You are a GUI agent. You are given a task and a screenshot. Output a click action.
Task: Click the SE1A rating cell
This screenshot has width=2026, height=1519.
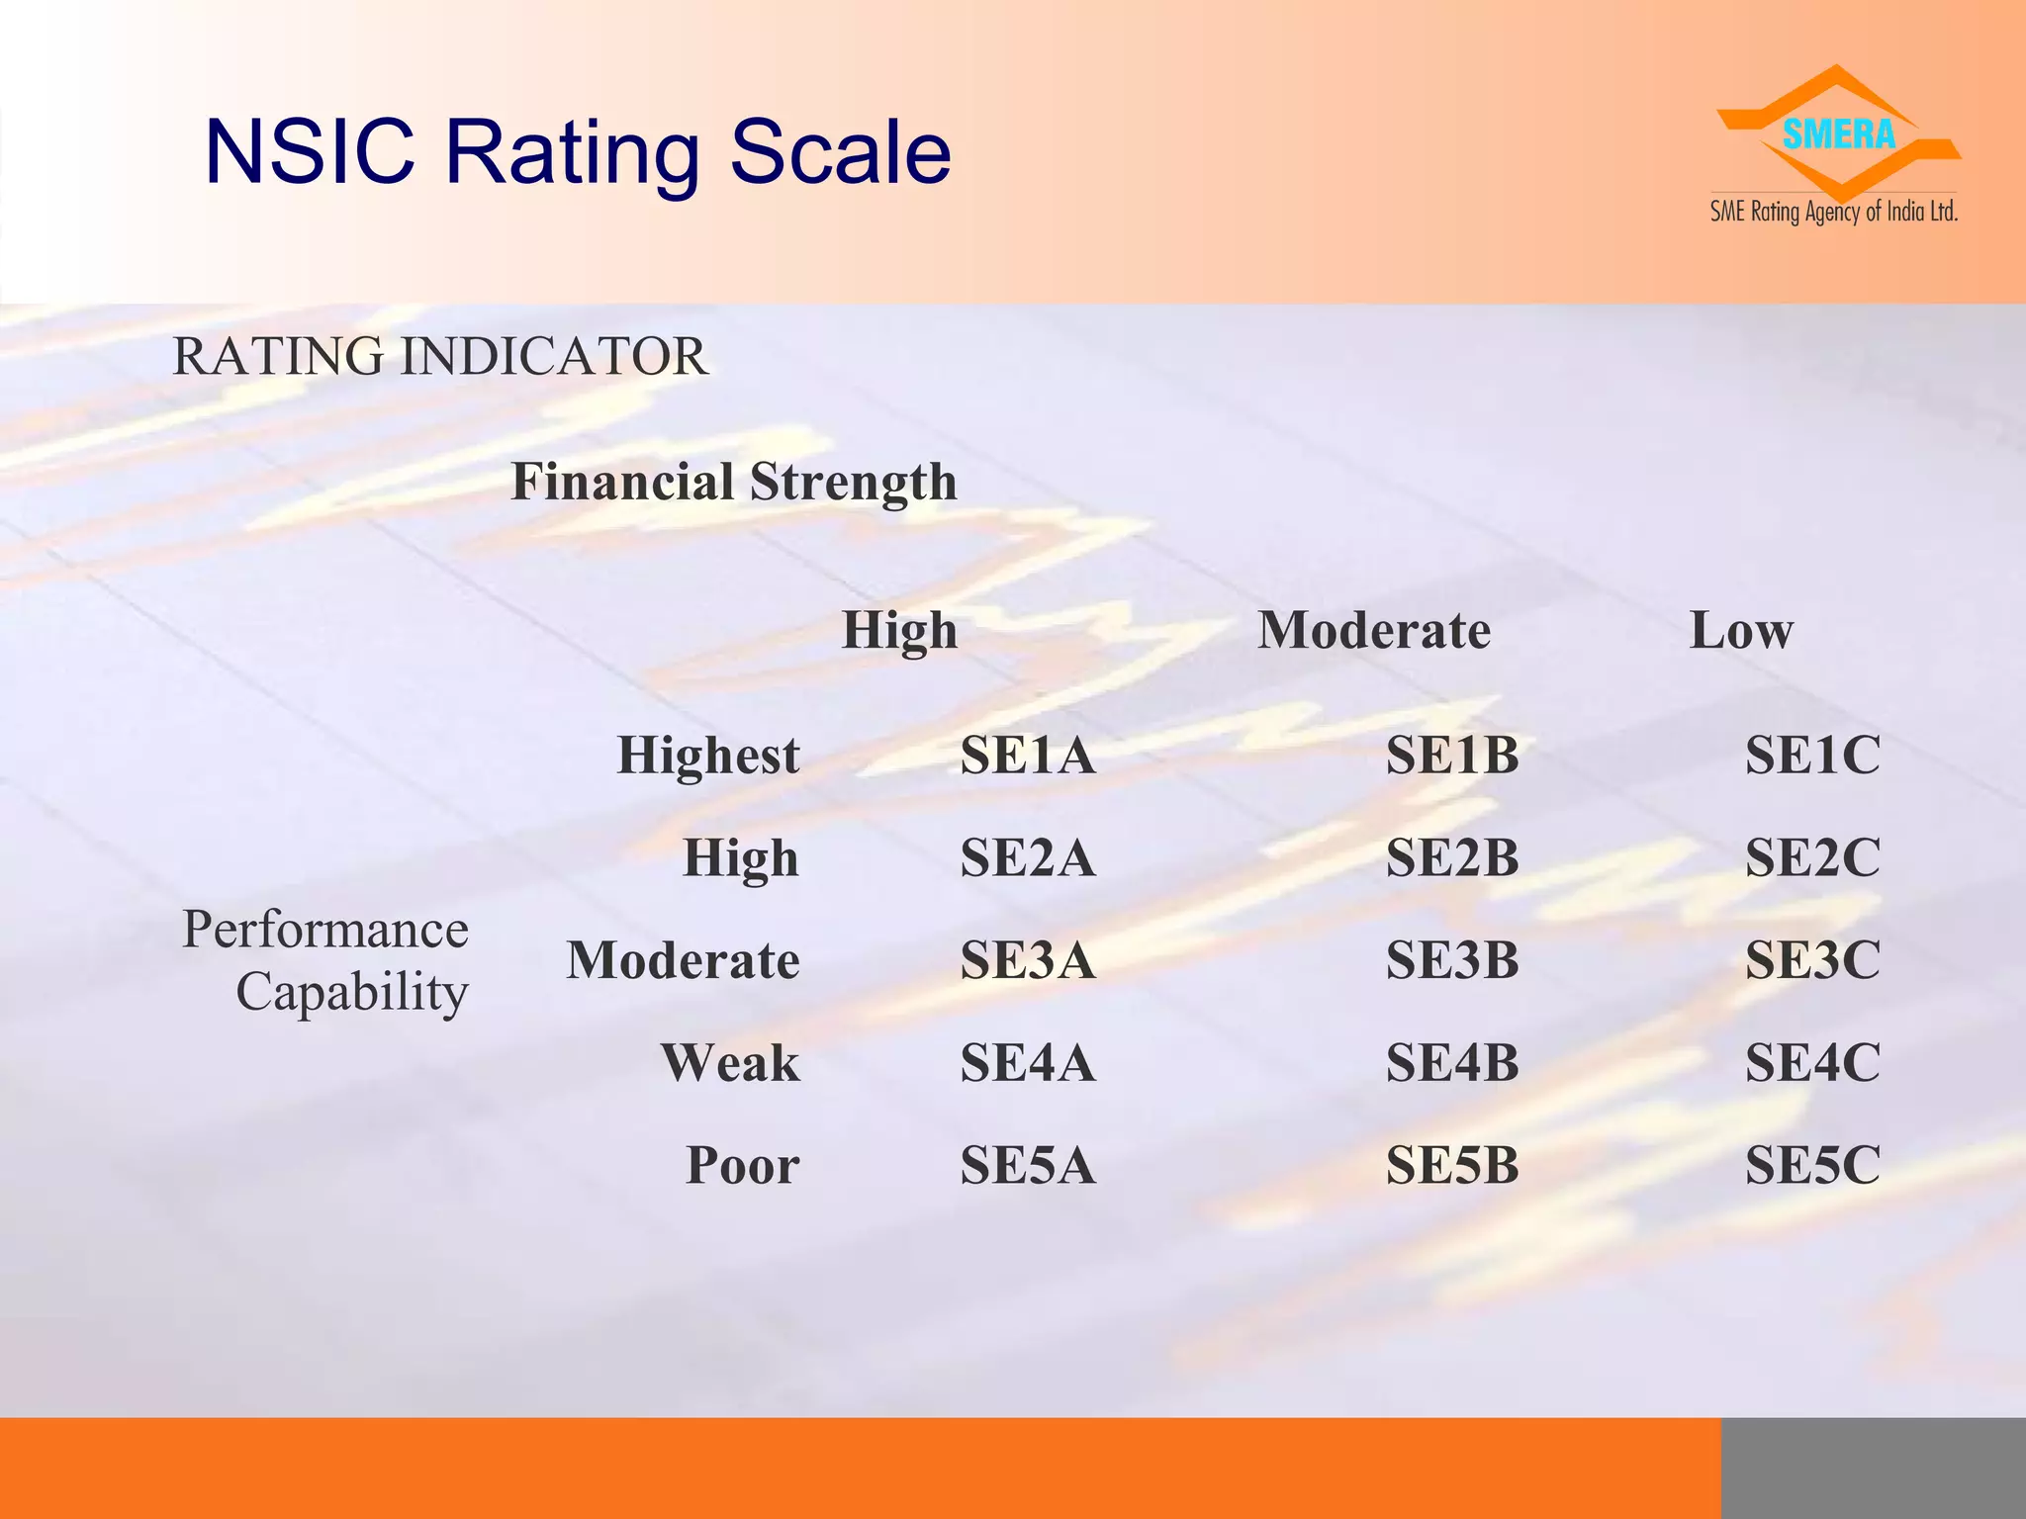coord(1028,756)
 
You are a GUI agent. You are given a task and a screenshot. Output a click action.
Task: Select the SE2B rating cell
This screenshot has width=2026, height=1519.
coord(1451,857)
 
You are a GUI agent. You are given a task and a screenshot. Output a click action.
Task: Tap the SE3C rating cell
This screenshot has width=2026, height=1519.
coord(1812,960)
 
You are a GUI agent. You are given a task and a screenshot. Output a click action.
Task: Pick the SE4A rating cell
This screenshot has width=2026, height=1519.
coord(1028,1063)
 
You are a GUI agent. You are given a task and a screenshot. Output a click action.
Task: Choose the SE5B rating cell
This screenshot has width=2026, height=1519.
coord(1451,1165)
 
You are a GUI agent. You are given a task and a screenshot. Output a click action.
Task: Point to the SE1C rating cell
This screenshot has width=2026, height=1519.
coord(1812,756)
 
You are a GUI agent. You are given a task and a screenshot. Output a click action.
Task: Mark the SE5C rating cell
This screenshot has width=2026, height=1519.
coord(1812,1165)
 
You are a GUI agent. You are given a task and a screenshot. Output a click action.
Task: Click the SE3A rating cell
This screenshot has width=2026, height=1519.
coord(1028,960)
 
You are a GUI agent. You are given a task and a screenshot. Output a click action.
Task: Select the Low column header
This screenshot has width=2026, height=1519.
coord(1741,631)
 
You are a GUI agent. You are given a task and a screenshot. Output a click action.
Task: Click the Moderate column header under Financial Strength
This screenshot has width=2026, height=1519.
coord(1374,631)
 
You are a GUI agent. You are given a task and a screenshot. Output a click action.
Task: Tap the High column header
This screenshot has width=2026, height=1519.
coord(899,631)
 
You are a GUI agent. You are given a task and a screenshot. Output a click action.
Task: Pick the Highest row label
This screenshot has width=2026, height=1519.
coord(708,756)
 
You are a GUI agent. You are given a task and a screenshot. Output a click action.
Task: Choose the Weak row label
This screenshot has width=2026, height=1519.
coord(730,1063)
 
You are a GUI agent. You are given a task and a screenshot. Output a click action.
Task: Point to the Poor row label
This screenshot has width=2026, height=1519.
coord(742,1165)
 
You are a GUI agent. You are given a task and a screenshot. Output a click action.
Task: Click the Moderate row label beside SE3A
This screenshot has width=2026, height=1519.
coord(683,960)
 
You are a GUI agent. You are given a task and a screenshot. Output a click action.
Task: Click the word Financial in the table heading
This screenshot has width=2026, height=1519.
coord(621,483)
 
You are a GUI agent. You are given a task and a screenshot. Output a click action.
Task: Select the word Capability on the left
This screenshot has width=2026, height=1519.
coord(351,992)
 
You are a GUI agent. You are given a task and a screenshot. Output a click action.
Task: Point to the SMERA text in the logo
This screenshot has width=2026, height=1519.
coord(1838,134)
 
